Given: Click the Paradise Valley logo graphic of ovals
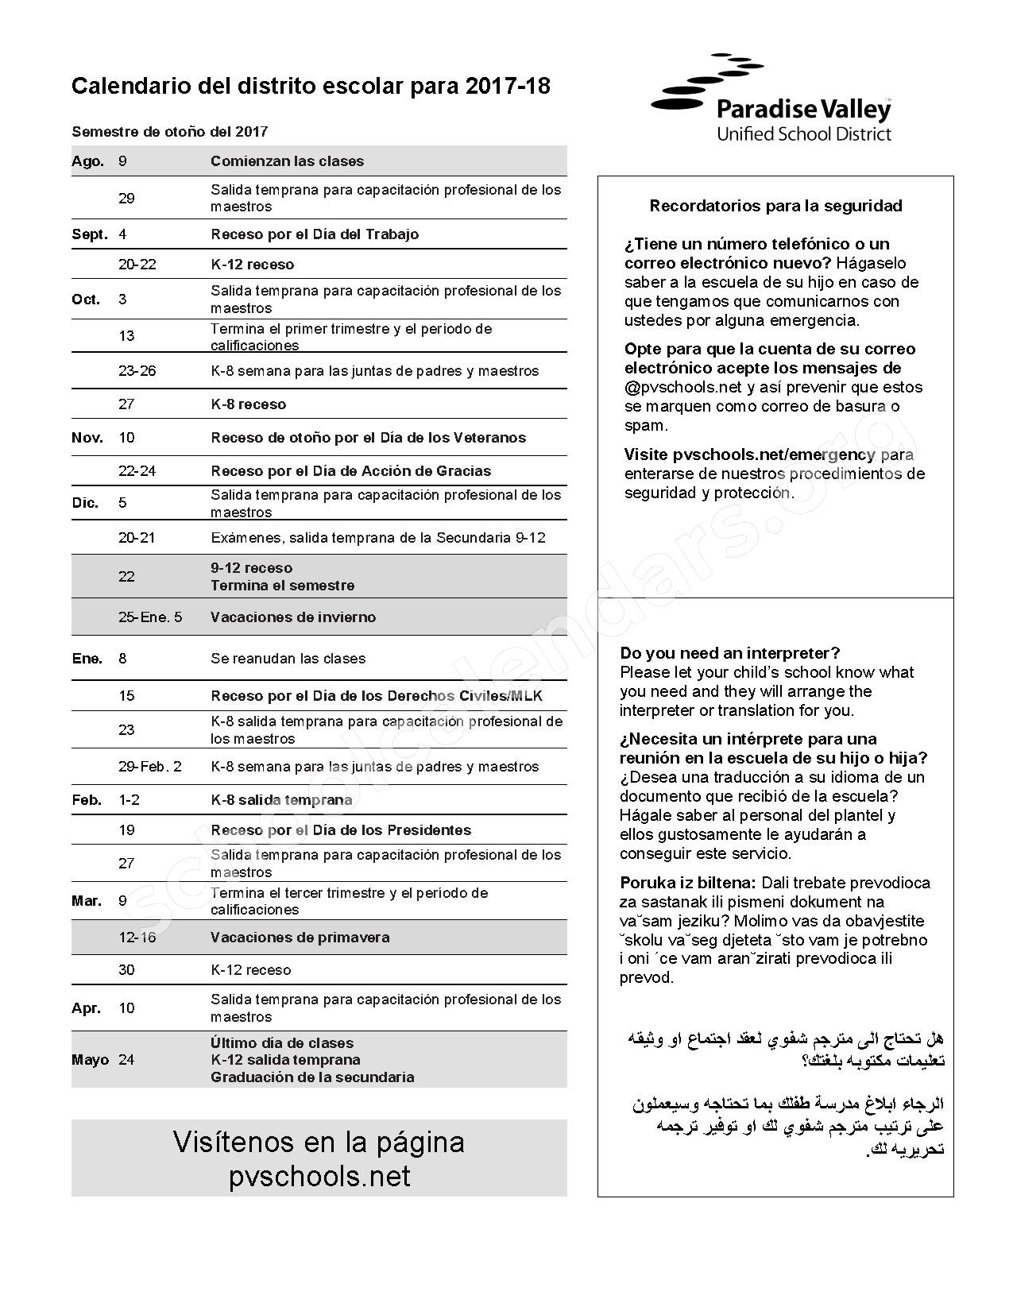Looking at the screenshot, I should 706,86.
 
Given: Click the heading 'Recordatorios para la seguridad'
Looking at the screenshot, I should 775,206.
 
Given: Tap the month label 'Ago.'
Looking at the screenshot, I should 87,161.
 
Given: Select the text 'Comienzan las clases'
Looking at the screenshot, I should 287,161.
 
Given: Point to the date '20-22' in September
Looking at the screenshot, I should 137,265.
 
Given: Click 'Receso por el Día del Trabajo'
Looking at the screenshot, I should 315,234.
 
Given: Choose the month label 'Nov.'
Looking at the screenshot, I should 87,438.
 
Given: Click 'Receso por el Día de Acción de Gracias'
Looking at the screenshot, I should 350,471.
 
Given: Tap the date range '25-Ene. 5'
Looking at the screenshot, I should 150,617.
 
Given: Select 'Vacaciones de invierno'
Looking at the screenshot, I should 293,617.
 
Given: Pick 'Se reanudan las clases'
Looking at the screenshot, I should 288,659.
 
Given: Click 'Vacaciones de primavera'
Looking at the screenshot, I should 300,938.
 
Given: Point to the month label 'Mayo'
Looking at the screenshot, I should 90,1060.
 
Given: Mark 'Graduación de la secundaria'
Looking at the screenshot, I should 312,1077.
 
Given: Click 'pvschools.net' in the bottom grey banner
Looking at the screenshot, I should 319,1176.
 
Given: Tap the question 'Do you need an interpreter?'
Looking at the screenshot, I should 729,653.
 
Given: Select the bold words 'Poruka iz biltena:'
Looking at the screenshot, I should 688,883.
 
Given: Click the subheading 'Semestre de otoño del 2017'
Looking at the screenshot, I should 170,132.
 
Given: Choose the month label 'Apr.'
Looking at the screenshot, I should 86,1008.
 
